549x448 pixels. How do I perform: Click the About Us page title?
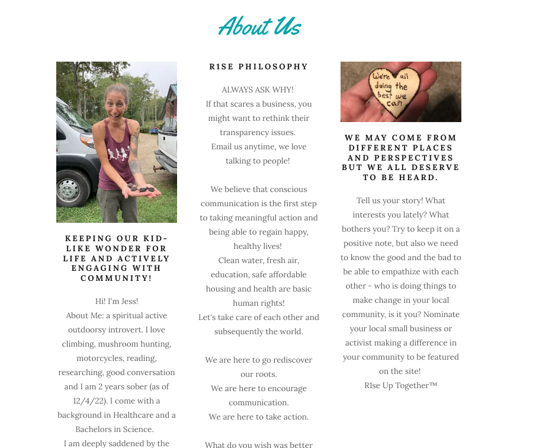259,27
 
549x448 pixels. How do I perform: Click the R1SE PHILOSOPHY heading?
259,67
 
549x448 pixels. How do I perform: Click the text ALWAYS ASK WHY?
258,89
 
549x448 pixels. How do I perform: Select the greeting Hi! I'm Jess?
117,301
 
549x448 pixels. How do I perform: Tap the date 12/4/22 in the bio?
89,401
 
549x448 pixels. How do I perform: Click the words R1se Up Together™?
400,385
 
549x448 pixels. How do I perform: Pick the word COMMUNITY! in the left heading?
116,279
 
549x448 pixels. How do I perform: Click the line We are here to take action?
259,417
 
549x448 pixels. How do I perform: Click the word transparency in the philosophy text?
245,132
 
